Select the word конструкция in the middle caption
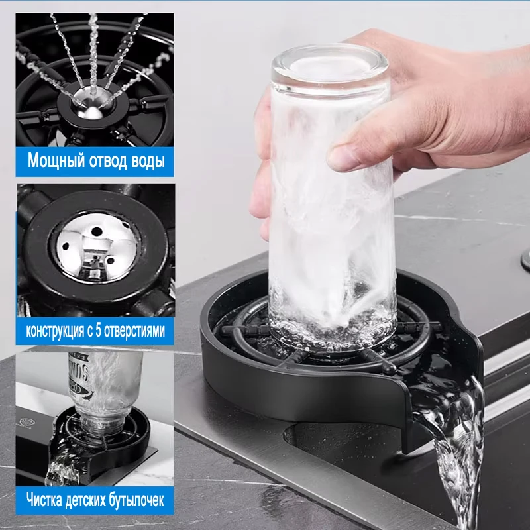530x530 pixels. point(57,329)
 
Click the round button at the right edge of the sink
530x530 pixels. point(525,258)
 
